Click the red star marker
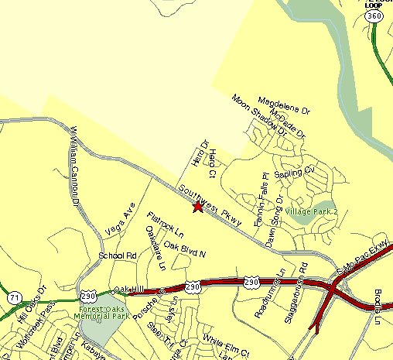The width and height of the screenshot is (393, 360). [x=198, y=207]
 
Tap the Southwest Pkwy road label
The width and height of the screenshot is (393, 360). [x=210, y=205]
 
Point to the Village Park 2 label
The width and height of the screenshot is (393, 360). [x=312, y=211]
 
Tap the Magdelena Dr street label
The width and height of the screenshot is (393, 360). [x=283, y=104]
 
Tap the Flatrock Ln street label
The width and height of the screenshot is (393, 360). [x=165, y=224]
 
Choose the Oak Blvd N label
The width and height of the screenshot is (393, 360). [x=184, y=249]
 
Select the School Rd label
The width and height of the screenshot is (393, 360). [x=117, y=255]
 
